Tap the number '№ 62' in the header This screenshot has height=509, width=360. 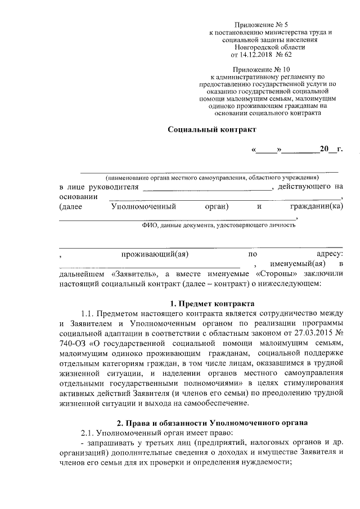pos(283,56)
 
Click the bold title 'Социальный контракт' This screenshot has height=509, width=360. pos(212,129)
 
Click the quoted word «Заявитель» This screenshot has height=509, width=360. pos(136,274)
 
